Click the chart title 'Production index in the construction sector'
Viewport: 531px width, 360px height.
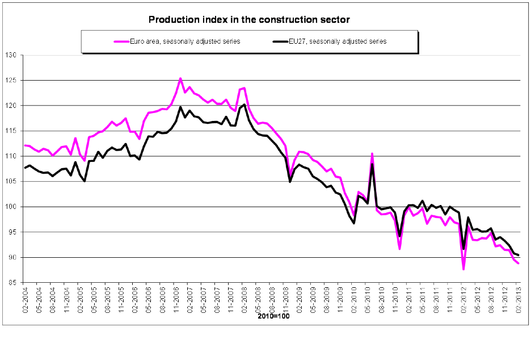pyautogui.click(x=249, y=20)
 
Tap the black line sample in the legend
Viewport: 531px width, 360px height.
pyautogui.click(x=279, y=41)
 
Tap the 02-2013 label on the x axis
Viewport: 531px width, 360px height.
pyautogui.click(x=519, y=298)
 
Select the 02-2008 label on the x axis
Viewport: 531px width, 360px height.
pyautogui.click(x=243, y=298)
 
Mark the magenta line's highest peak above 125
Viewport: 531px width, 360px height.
pyautogui.click(x=180, y=78)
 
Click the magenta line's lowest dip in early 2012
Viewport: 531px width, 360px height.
pyautogui.click(x=463, y=269)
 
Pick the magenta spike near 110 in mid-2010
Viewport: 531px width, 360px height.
pyautogui.click(x=372, y=153)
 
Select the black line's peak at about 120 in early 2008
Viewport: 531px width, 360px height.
pyautogui.click(x=244, y=104)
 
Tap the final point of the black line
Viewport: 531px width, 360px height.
pyautogui.click(x=519, y=255)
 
